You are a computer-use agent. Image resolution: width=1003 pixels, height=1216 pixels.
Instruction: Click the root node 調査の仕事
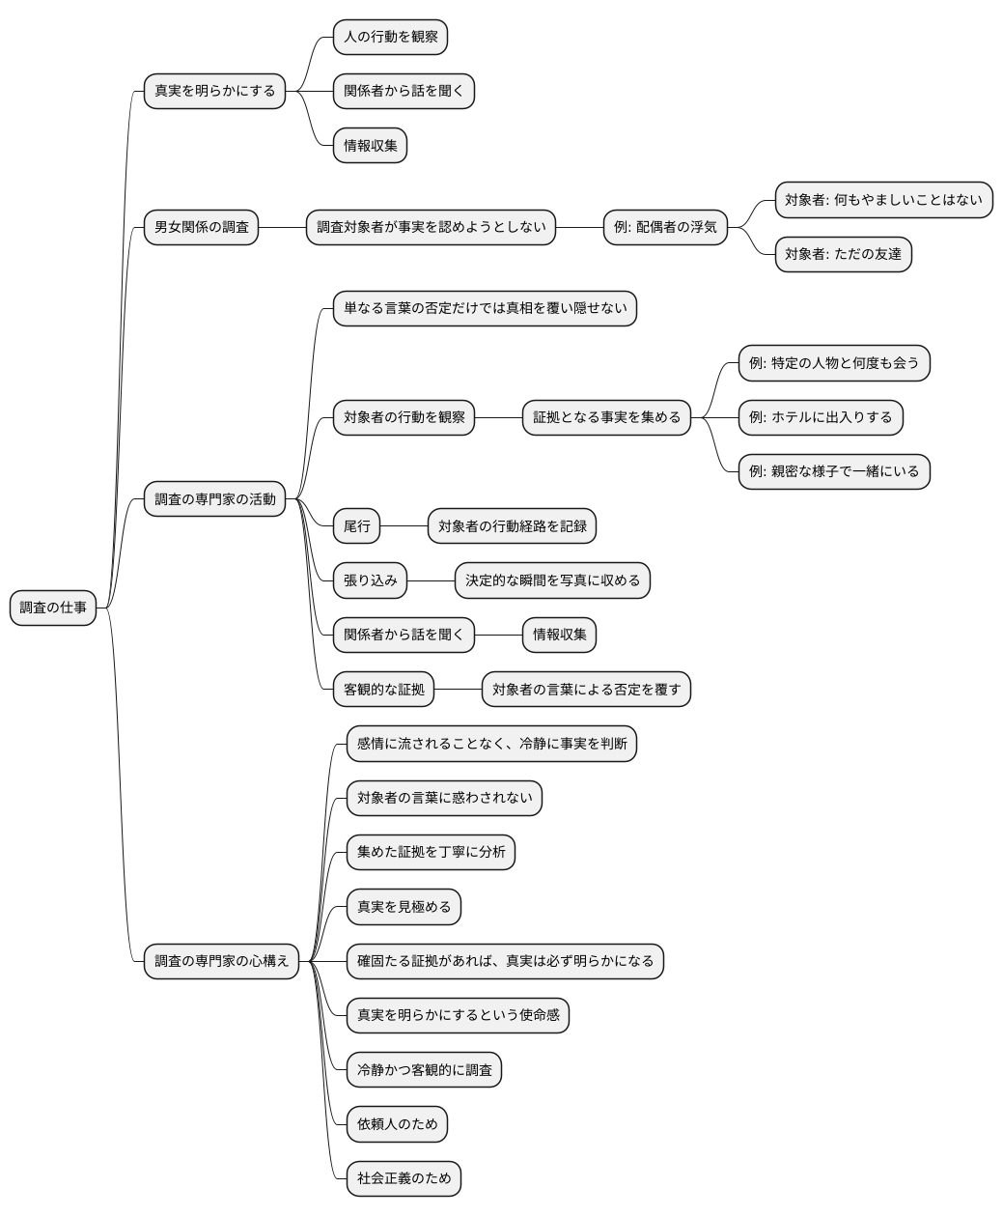pyautogui.click(x=53, y=608)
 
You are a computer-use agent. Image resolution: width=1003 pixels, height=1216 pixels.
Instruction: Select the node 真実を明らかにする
pyautogui.click(x=214, y=92)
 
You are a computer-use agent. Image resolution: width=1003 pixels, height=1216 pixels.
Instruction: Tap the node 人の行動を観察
pyautogui.click(x=390, y=38)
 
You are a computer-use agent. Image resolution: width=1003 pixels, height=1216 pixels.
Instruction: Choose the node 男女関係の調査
pyautogui.click(x=201, y=228)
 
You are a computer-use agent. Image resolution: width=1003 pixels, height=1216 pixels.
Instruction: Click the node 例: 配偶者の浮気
pyautogui.click(x=665, y=228)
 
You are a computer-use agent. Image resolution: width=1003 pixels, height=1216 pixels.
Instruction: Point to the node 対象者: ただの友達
pyautogui.click(x=843, y=255)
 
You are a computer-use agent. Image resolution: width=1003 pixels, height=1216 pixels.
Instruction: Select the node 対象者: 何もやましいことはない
pyautogui.click(x=883, y=200)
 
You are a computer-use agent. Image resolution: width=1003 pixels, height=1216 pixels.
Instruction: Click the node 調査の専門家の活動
pyautogui.click(x=214, y=499)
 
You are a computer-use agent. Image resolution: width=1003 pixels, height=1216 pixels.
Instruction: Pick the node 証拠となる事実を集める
pyautogui.click(x=606, y=417)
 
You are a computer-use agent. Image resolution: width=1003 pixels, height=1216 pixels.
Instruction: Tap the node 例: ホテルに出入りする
pyautogui.click(x=821, y=417)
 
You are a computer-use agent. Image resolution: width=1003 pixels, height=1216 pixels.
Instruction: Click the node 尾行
pyautogui.click(x=356, y=526)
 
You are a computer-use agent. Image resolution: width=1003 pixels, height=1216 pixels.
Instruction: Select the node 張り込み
pyautogui.click(x=370, y=580)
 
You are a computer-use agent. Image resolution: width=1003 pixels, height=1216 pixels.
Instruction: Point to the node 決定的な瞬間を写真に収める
pyautogui.click(x=552, y=580)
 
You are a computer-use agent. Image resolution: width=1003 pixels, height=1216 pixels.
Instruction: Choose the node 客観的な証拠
pyautogui.click(x=383, y=690)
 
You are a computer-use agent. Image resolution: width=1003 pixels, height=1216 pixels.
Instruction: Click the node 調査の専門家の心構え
pyautogui.click(x=221, y=961)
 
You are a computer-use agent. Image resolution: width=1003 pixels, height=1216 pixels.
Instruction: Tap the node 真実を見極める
pyautogui.click(x=404, y=907)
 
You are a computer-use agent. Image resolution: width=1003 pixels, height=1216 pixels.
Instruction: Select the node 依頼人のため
pyautogui.click(x=397, y=1123)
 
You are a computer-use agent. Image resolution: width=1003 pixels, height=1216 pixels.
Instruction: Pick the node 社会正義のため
pyautogui.click(x=404, y=1178)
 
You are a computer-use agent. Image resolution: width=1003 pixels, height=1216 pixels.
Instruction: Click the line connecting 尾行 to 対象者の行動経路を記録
pyautogui.click(x=404, y=526)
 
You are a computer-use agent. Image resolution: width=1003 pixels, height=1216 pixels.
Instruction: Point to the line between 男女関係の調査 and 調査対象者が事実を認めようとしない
pyautogui.click(x=282, y=228)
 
